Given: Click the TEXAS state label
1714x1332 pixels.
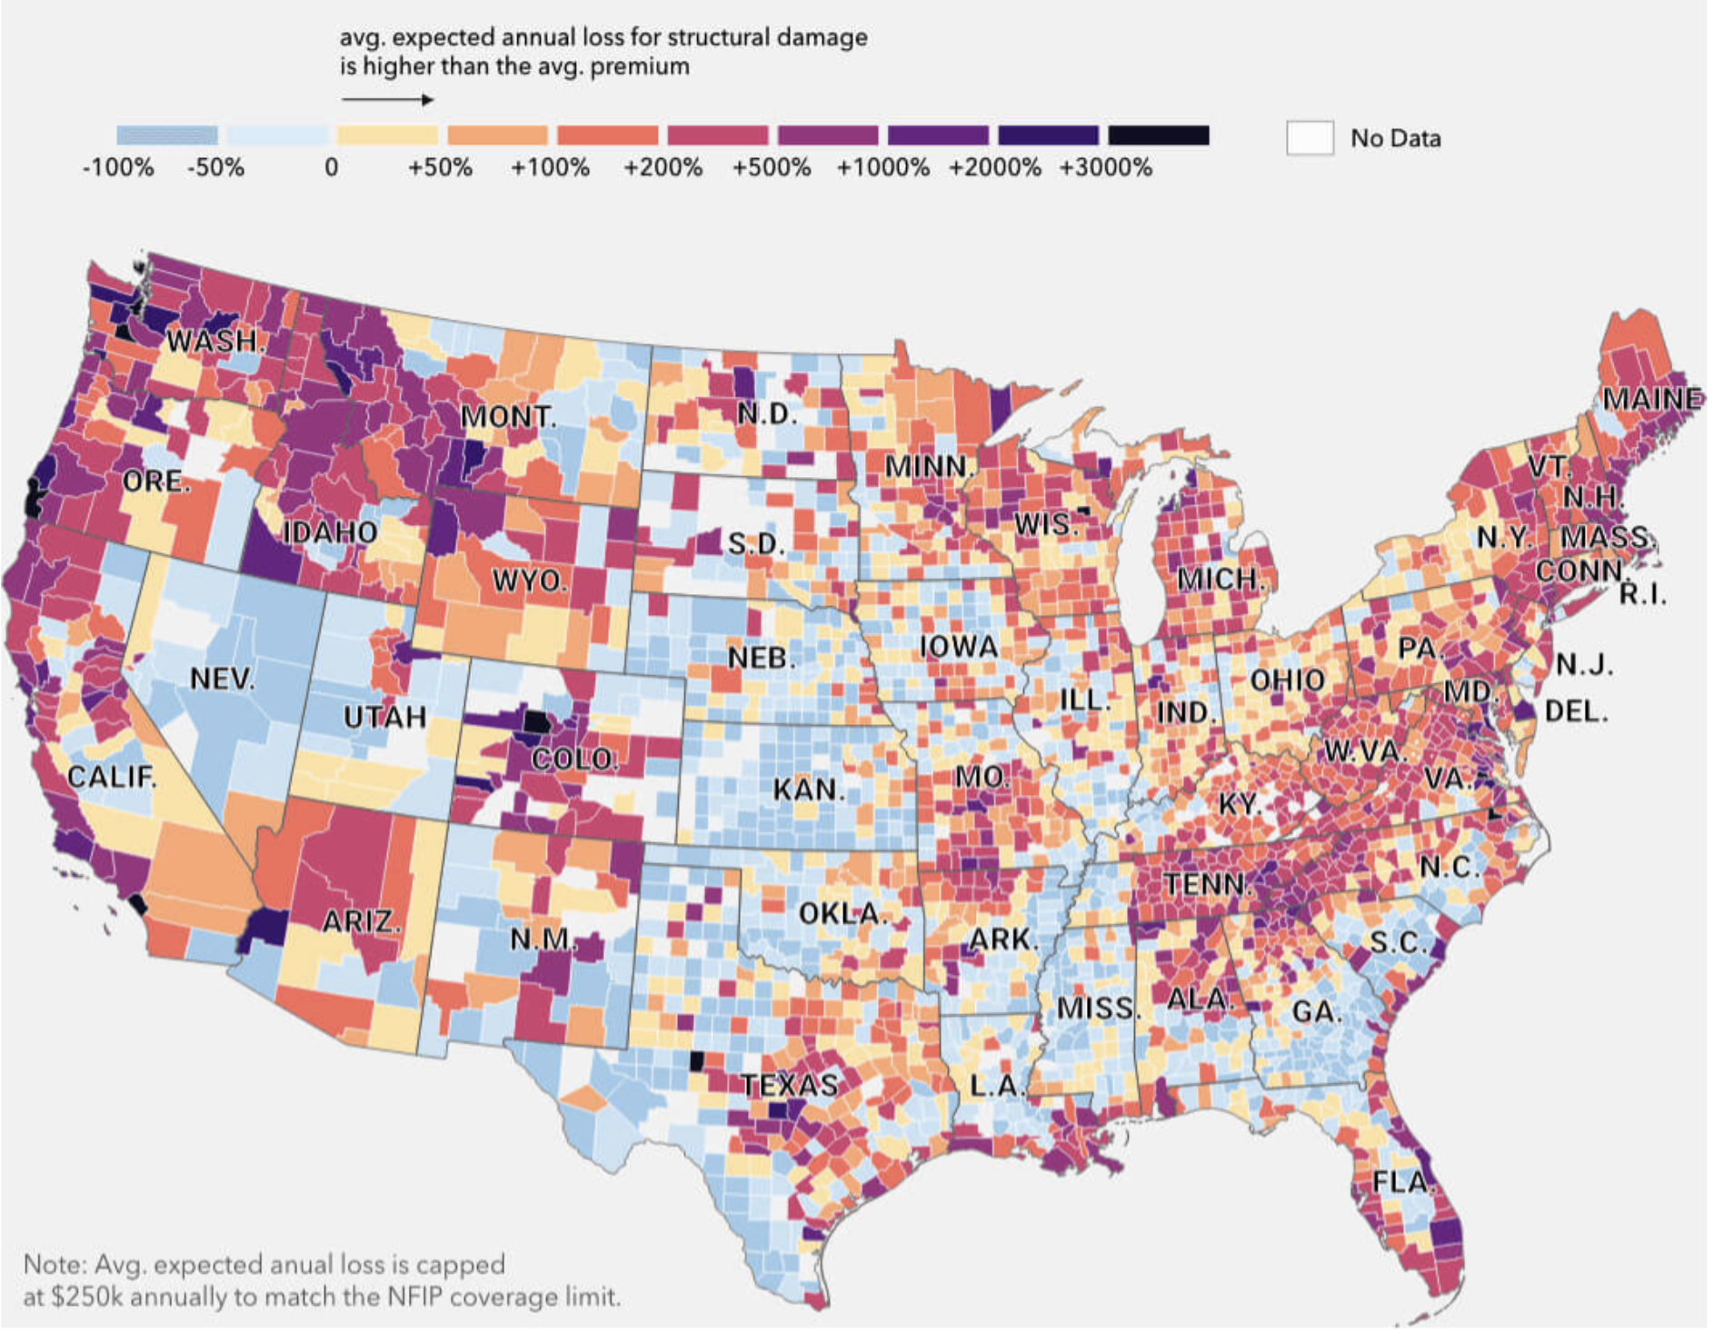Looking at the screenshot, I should [790, 1084].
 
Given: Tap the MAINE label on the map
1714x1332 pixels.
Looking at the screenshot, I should [1651, 399].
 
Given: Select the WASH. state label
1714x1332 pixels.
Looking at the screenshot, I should [216, 342].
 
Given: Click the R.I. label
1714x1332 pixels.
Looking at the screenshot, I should [1643, 594].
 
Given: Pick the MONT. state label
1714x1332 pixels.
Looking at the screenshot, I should [508, 417].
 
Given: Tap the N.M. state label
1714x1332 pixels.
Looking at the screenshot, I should [543, 939].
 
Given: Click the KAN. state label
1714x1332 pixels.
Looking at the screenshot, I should [809, 790].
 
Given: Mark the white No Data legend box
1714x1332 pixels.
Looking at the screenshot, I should [1310, 138].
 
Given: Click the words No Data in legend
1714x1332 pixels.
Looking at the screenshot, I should [1395, 139].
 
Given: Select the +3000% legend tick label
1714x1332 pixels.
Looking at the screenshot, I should [1105, 168].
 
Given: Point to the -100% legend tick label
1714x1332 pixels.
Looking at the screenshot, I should [118, 168].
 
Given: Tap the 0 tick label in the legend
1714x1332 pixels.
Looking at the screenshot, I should [332, 168].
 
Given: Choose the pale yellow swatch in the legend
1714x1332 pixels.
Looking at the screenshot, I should [388, 136].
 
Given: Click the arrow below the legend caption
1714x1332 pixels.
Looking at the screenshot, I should [388, 100].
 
